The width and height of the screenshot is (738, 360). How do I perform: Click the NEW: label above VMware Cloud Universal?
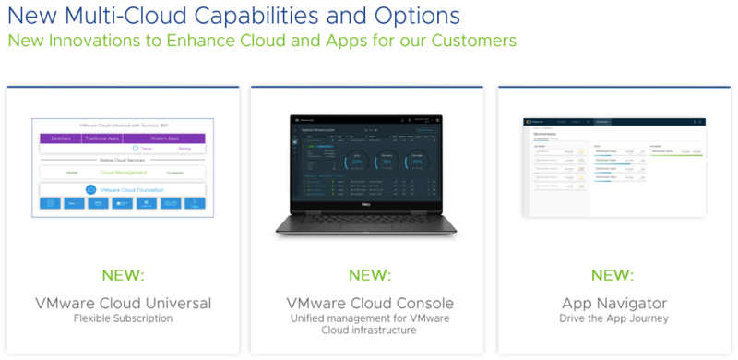point(123,275)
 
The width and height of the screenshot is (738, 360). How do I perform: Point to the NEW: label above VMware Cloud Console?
point(368,275)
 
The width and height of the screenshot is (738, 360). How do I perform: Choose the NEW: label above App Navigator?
point(613,275)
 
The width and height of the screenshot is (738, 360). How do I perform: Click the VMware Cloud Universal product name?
point(123,303)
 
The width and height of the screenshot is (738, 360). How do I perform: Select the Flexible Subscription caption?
point(123,319)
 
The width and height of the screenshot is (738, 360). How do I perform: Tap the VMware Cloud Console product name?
point(368,303)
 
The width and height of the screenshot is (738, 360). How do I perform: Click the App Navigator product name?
point(613,303)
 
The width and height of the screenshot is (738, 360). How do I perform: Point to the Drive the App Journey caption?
point(613,319)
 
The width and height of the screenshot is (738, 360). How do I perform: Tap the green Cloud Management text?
point(125,172)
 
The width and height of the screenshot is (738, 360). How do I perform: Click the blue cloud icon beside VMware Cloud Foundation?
point(90,189)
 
